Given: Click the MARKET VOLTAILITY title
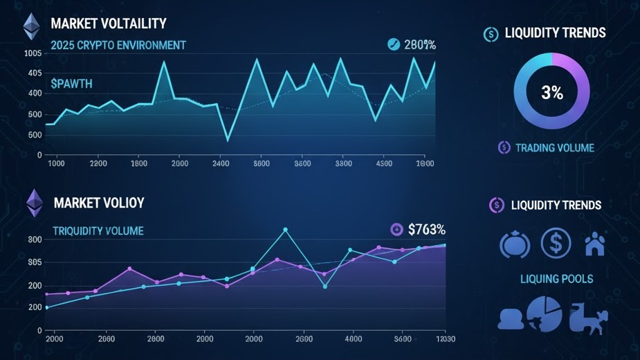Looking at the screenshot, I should click(x=109, y=24).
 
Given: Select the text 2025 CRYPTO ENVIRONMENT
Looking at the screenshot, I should click(x=118, y=46).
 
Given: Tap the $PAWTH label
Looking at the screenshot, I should click(x=71, y=84).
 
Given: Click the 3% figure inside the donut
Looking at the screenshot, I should click(x=551, y=93).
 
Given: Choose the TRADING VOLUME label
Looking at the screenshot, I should click(x=554, y=147).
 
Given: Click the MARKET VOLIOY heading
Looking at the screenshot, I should click(x=99, y=204).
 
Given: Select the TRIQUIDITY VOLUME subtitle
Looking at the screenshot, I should click(x=98, y=231).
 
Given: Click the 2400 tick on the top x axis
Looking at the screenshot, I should click(x=221, y=164).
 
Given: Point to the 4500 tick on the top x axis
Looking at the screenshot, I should click(x=384, y=164).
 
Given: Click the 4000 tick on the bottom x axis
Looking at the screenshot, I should click(x=354, y=339).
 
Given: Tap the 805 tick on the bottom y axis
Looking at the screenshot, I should click(x=35, y=262).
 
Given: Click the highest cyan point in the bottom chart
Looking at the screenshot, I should click(x=285, y=230).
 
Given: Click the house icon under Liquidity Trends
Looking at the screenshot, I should click(x=594, y=244).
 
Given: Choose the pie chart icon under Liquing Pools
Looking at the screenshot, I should click(x=544, y=314).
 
